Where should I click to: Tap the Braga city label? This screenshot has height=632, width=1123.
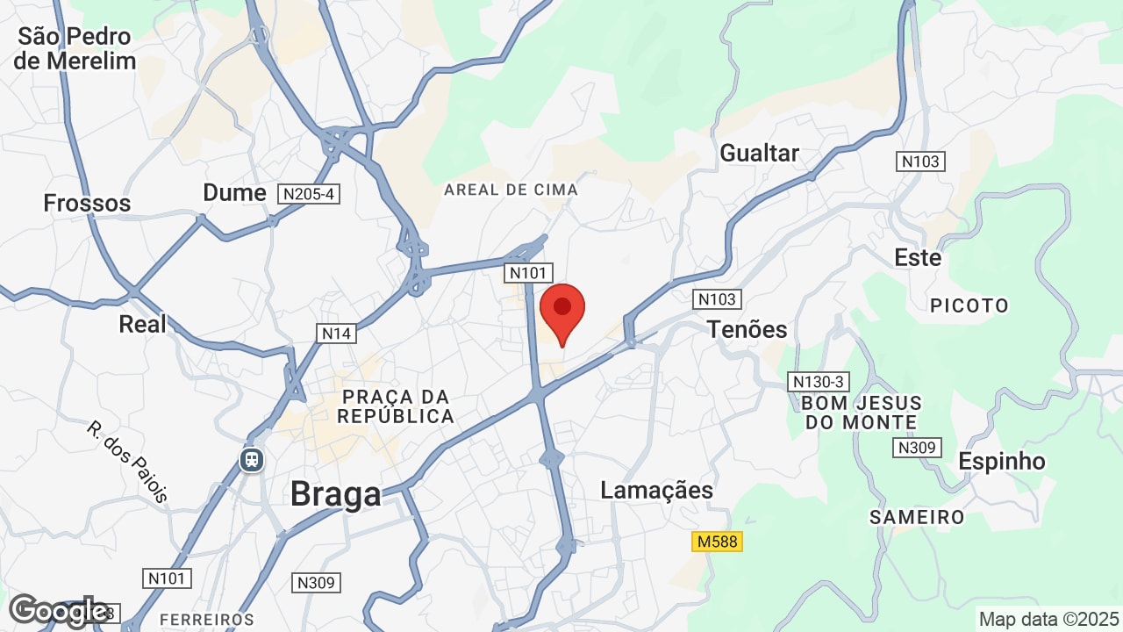click(x=335, y=494)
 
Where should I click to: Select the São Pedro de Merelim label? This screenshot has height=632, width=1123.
click(x=75, y=48)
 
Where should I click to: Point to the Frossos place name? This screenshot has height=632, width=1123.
click(x=87, y=203)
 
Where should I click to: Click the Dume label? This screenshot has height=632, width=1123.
click(x=234, y=192)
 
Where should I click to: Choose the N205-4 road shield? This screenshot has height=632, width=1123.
click(x=308, y=193)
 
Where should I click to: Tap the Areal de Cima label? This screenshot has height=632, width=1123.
click(x=511, y=190)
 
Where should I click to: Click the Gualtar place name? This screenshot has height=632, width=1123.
click(x=759, y=153)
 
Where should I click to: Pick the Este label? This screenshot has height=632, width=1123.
click(x=918, y=258)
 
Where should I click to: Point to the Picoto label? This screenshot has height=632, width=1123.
click(x=969, y=305)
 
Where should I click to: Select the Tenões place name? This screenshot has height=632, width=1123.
click(x=747, y=329)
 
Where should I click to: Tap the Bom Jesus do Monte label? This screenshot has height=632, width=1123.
click(x=861, y=413)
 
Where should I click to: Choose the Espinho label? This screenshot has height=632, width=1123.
click(x=1001, y=461)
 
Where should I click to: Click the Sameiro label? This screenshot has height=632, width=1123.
click(x=917, y=517)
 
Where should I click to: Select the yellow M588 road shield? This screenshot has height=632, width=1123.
click(x=718, y=542)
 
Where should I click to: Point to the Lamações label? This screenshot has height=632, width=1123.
click(x=656, y=490)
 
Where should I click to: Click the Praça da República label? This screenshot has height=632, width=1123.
click(x=397, y=406)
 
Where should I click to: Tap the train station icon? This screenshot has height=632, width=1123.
click(x=253, y=459)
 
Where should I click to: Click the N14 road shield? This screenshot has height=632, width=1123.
click(x=337, y=334)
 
